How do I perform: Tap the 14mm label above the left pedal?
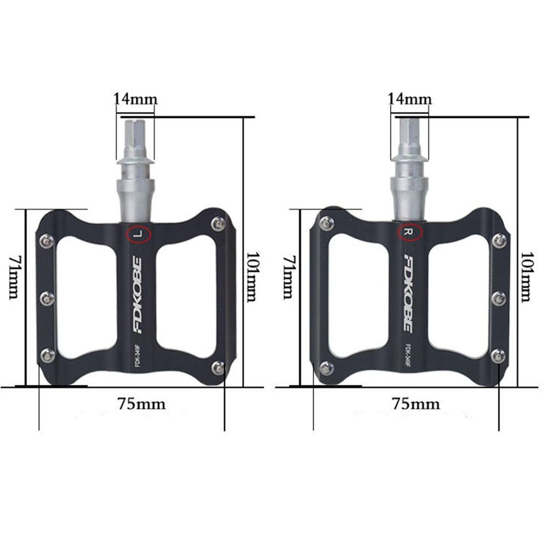[135, 99]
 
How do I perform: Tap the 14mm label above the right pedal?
[409, 99]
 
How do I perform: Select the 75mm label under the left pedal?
[141, 404]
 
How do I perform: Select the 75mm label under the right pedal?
[415, 404]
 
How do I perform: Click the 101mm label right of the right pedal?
[525, 277]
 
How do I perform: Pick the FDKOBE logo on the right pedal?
[411, 293]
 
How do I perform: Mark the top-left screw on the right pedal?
[327, 222]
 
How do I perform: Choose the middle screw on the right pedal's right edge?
[499, 298]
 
